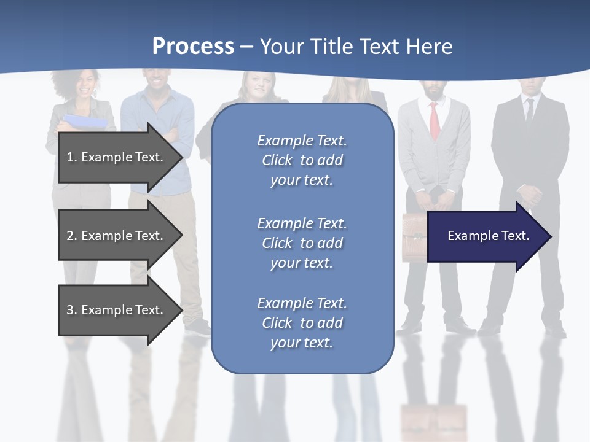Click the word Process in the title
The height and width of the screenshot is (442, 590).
[x=193, y=47]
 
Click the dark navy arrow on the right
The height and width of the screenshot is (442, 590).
[x=489, y=236]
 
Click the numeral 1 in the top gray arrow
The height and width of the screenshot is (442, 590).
[x=70, y=157]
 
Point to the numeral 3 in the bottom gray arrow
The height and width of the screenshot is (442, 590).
[x=70, y=310]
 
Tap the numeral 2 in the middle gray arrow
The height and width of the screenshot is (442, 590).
[x=70, y=236]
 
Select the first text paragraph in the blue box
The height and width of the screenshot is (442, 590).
[x=302, y=160]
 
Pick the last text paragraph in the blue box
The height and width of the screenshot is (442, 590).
[x=302, y=323]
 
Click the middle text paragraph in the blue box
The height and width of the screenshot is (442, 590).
[x=302, y=243]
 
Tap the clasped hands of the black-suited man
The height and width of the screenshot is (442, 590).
[x=529, y=196]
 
